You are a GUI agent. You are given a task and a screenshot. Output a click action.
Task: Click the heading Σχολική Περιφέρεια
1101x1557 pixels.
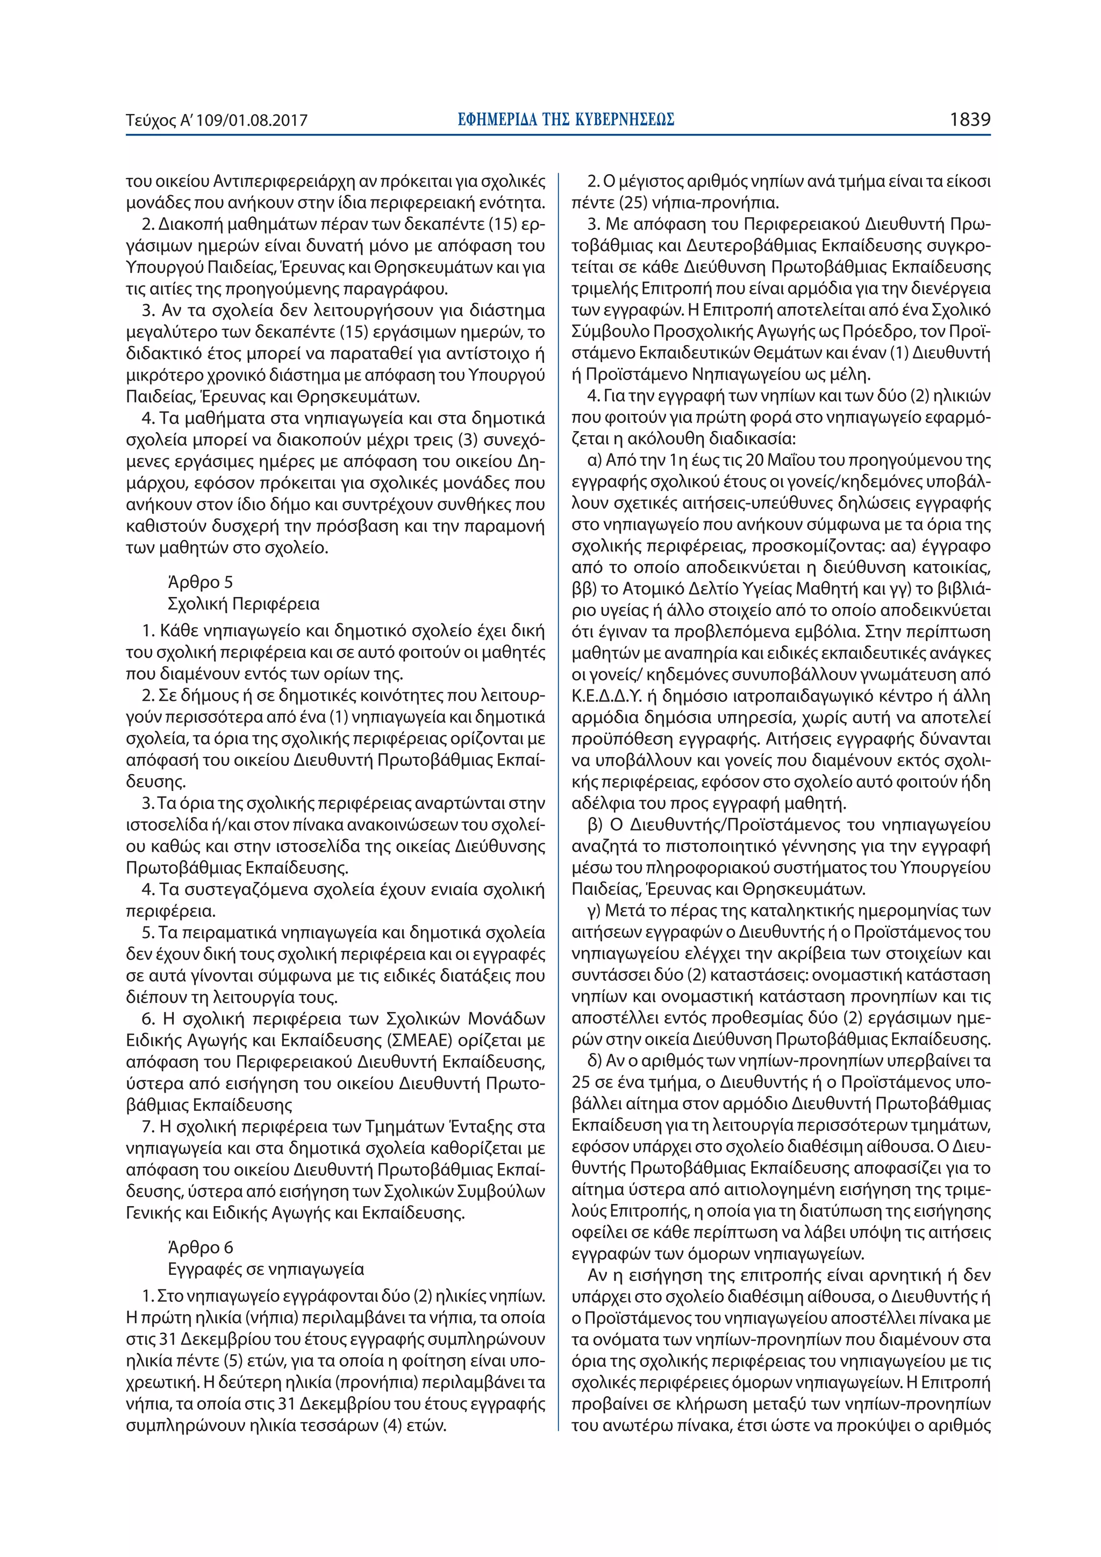coord(243,604)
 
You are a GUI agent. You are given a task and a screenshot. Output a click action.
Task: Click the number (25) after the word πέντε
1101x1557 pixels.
coord(631,203)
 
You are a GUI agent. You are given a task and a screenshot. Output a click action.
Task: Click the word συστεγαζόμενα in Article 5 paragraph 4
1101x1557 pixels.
coord(246,889)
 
